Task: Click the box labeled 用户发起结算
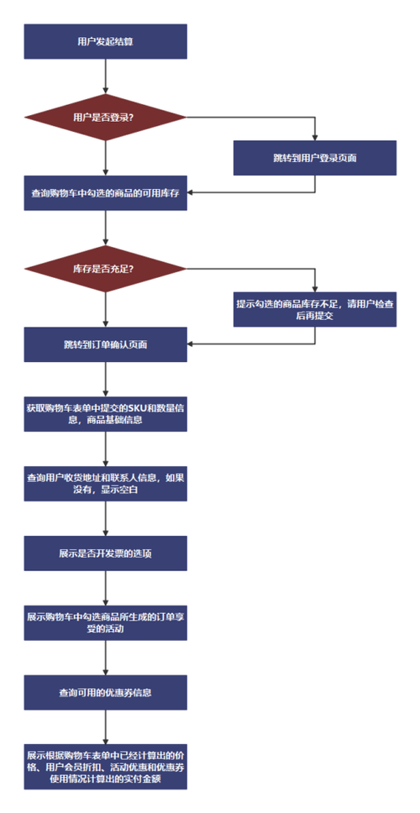coord(105,41)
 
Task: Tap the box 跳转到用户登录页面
coord(314,157)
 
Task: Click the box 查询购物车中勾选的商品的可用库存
coord(105,192)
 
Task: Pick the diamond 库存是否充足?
coord(105,268)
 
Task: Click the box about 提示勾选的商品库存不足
coord(314,309)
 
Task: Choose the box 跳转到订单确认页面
coord(105,344)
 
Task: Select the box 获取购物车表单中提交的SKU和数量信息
coord(105,413)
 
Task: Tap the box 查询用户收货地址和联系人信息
coord(105,482)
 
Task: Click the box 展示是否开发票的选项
coord(105,554)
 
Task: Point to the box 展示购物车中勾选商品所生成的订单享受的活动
coord(105,622)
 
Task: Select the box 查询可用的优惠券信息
coord(105,693)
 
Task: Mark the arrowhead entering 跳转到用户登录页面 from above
coord(314,136)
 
